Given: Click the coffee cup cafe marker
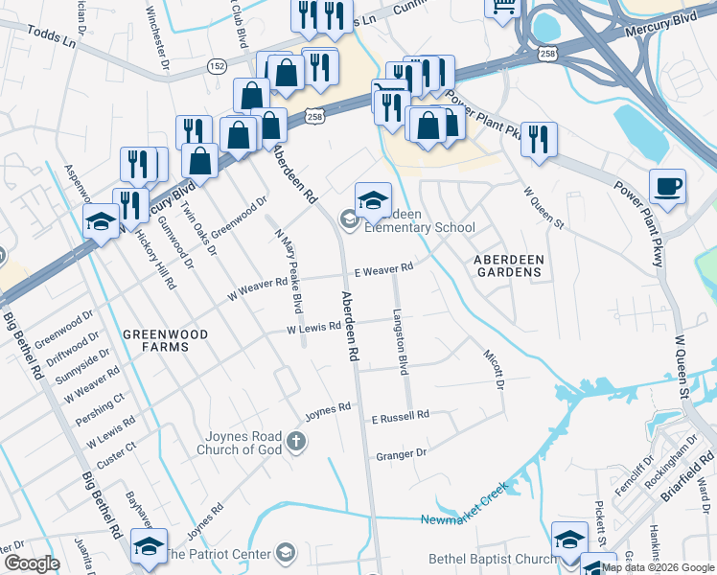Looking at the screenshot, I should (667, 185).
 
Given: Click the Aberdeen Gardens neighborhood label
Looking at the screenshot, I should (508, 265).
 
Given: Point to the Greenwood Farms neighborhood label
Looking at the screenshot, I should (160, 334).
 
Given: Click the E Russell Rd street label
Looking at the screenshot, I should (400, 418).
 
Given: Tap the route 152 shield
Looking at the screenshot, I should (218, 65).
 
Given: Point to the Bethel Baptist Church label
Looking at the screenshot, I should (494, 559).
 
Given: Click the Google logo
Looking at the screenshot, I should (32, 563).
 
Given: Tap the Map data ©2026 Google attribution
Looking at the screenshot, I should (658, 567).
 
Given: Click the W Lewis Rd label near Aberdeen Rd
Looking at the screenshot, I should (315, 328).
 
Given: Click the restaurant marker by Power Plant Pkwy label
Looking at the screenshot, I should (539, 139).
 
